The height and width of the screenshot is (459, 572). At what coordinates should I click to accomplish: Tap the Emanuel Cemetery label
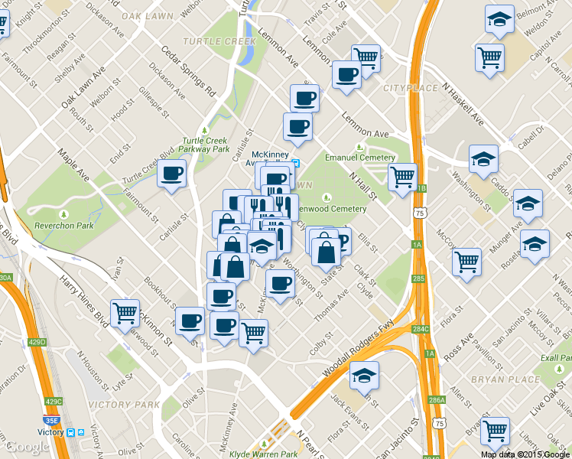[x=360, y=158]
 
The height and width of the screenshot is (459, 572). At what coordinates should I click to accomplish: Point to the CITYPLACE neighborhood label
[x=411, y=89]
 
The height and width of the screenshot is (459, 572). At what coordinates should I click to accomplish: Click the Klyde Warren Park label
[x=264, y=454]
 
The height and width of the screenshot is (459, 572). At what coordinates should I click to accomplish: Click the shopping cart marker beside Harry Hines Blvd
[x=125, y=312]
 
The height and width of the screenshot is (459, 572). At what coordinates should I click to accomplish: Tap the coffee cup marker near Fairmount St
[x=172, y=172]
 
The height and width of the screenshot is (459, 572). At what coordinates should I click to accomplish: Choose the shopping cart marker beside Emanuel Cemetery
[x=403, y=177]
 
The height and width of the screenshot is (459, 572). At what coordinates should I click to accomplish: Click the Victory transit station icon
[x=71, y=432]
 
